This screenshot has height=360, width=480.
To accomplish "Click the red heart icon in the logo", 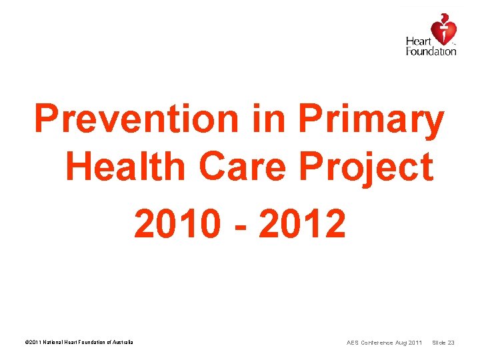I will click(443, 30).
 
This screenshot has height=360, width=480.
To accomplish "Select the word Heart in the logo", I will click(418, 42).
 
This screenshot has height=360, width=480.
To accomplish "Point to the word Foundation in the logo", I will click(431, 51).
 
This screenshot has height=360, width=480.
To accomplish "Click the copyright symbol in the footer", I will click(26, 343).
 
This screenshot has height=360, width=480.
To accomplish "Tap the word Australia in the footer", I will click(123, 343).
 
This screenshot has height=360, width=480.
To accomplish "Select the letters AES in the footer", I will click(353, 343).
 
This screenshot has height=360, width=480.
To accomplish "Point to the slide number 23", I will click(451, 343).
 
